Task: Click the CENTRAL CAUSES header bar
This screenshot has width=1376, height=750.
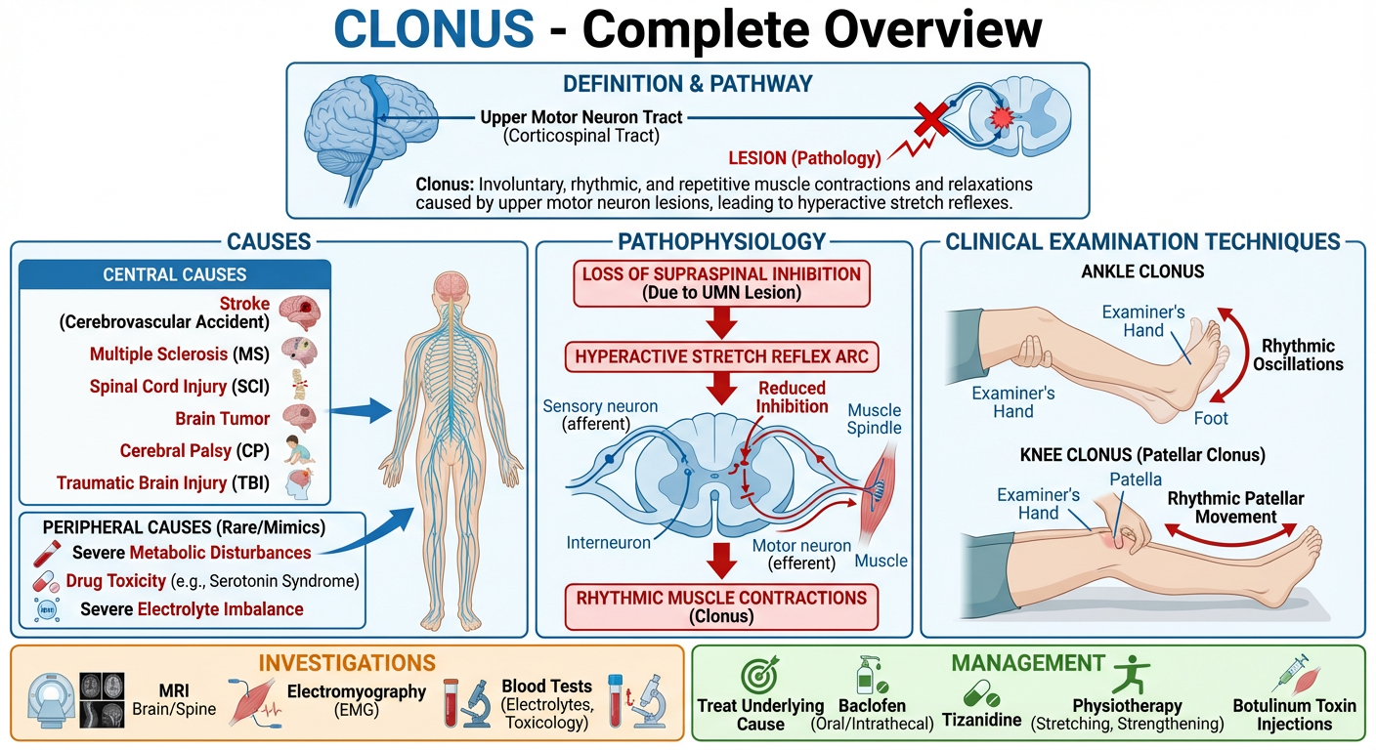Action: point(175,274)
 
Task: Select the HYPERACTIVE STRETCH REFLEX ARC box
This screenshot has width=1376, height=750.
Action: point(720,356)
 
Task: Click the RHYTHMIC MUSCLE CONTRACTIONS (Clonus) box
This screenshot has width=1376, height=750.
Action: point(720,606)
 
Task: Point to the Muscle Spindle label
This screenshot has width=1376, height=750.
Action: point(875,419)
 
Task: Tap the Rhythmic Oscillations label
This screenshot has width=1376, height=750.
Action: point(1302,355)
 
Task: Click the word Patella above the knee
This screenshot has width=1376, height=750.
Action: point(1136,479)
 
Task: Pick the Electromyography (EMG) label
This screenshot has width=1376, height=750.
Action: point(357,700)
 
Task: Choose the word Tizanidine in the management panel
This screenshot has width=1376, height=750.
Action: point(981,721)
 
